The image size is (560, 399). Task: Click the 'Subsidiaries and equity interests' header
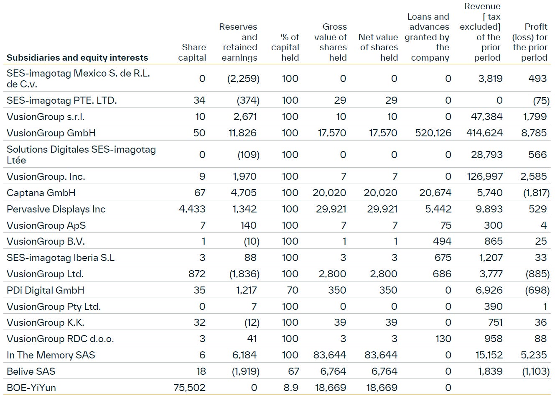pos(77,58)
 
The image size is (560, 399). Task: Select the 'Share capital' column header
pos(192,52)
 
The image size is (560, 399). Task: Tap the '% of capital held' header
pos(285,47)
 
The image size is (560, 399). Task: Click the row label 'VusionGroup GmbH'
pos(51,133)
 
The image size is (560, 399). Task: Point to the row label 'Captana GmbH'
pos(41,193)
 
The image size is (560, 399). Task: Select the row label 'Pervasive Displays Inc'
pos(56,209)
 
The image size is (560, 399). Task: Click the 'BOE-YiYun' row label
pos(31,388)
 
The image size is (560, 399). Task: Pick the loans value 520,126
pos(433,133)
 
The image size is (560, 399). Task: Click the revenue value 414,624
pos(484,133)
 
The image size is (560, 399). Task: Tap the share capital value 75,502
pos(190,388)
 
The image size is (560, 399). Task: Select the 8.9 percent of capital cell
pos(291,388)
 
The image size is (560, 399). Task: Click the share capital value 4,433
pos(192,209)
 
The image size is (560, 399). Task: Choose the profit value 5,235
pos(534,355)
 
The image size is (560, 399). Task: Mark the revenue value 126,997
pos(485,176)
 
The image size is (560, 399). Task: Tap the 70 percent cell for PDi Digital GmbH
pos(293,290)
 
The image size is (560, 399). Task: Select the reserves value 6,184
pos(244,355)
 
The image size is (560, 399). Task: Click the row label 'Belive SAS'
pos(31,371)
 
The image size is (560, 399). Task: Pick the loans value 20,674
pos(435,193)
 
